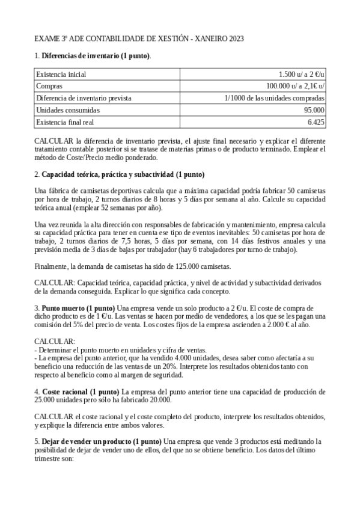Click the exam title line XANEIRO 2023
(x=139, y=39)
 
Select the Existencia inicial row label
(x=61, y=75)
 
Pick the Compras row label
(x=50, y=86)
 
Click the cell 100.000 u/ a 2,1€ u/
(x=296, y=86)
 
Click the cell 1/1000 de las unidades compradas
(x=275, y=98)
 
